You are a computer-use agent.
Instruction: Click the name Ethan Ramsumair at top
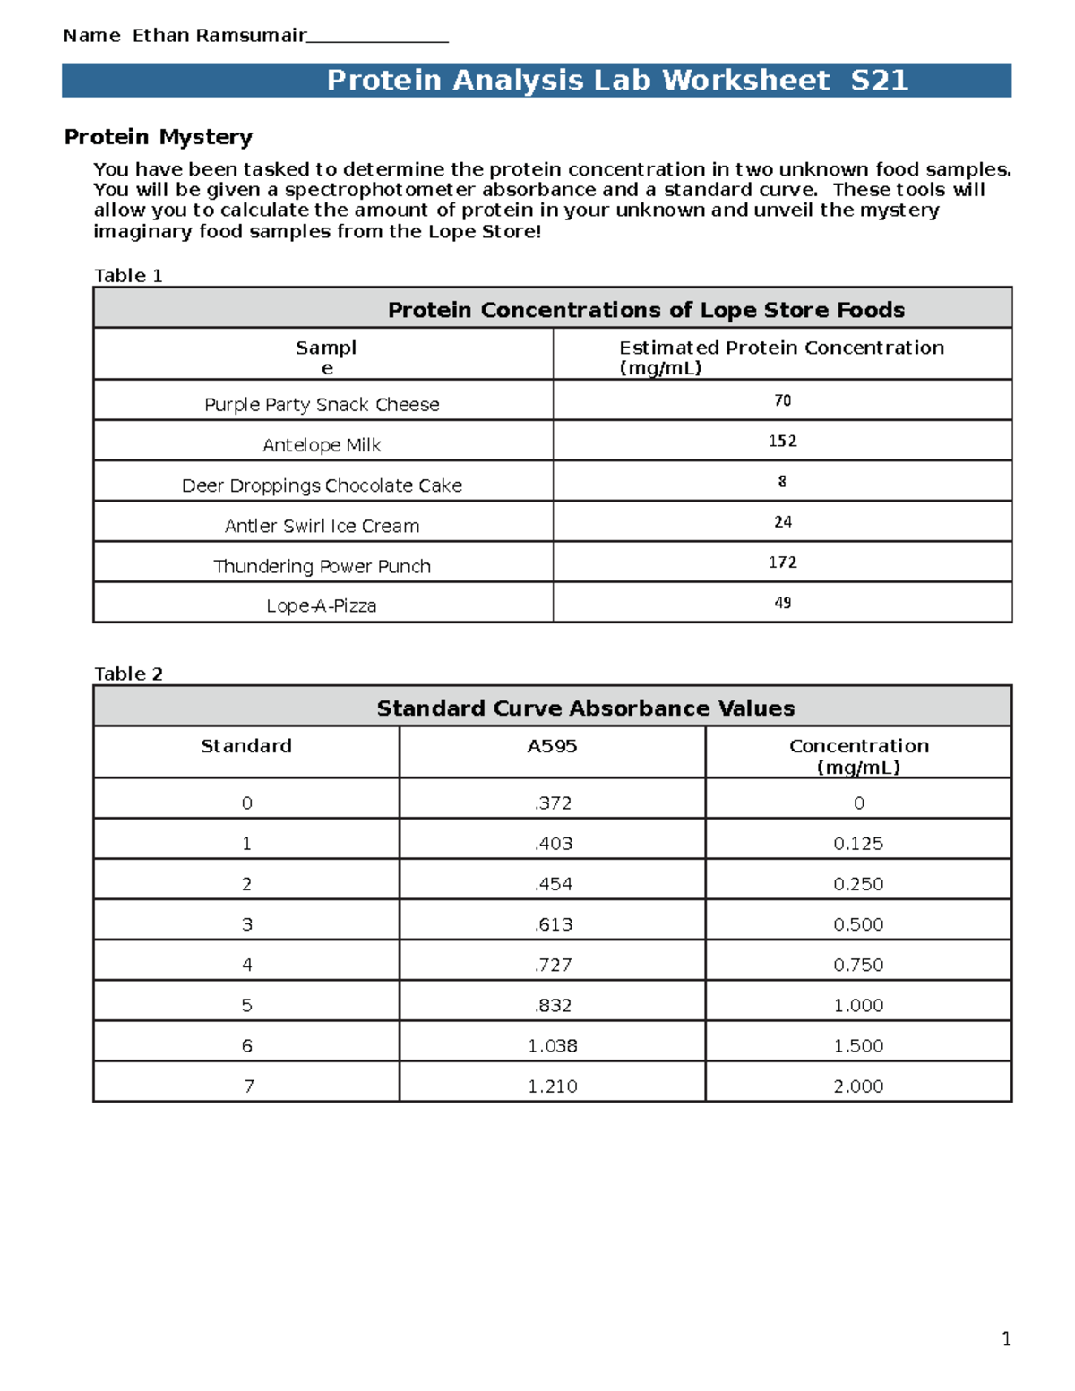[x=219, y=36]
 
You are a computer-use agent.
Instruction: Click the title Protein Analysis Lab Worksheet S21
[x=617, y=81]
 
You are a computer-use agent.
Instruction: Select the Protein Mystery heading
[x=159, y=137]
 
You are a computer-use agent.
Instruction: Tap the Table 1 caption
[x=128, y=276]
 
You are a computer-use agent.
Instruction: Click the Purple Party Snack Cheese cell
[x=322, y=405]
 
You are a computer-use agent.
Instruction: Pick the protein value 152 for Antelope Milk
[x=782, y=442]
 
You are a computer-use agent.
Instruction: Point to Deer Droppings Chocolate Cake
[x=322, y=485]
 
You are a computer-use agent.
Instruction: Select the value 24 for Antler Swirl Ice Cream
[x=782, y=522]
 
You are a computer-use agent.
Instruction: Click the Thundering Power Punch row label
[x=322, y=567]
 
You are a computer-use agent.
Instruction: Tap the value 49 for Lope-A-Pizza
[x=782, y=603]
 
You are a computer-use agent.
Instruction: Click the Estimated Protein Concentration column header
[x=781, y=357]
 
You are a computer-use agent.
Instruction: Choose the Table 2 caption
[x=128, y=674]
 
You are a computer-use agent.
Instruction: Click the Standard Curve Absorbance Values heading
[x=585, y=708]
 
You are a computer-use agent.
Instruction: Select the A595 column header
[x=552, y=746]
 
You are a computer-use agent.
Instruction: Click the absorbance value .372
[x=553, y=803]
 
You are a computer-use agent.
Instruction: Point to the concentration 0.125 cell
[x=858, y=844]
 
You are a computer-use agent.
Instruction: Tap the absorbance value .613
[x=553, y=924]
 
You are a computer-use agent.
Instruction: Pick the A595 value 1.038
[x=553, y=1046]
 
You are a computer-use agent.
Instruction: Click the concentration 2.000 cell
[x=858, y=1086]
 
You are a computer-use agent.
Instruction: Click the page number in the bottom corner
[x=1006, y=1339]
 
